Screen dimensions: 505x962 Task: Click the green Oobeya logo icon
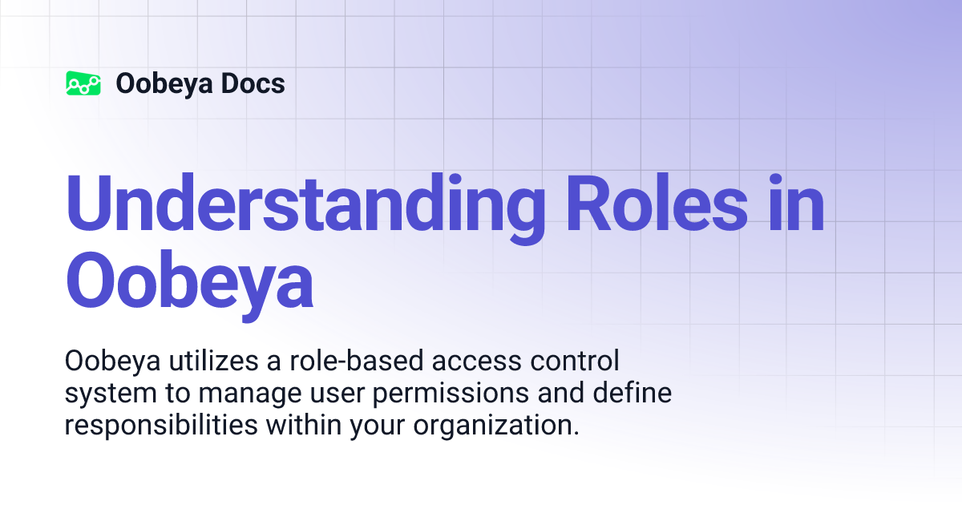[83, 83]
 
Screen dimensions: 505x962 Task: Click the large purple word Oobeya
[189, 282]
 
